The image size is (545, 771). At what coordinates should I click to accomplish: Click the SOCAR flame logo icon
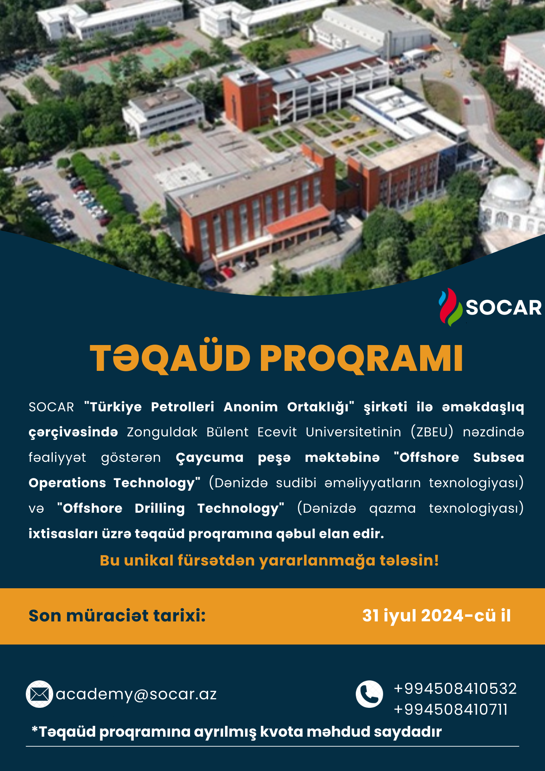(450, 307)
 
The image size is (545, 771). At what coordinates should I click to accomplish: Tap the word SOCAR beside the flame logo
(504, 308)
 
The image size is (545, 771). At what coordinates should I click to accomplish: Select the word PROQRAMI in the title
(362, 358)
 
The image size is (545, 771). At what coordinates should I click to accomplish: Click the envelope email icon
(39, 694)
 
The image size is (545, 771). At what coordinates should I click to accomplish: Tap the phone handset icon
(369, 694)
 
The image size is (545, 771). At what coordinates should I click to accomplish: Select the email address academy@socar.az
(136, 694)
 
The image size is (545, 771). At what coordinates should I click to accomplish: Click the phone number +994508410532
(455, 689)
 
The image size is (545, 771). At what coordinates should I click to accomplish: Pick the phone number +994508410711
(451, 709)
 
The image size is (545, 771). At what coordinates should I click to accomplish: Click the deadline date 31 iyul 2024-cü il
(436, 616)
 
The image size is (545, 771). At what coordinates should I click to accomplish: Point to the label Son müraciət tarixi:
(117, 616)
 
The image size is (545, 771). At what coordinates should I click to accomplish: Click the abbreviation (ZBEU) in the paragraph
(432, 432)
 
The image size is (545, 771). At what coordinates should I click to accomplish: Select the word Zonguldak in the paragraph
(162, 433)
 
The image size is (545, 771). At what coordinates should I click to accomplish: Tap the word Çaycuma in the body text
(210, 458)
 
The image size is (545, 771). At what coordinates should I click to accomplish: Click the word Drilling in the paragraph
(160, 508)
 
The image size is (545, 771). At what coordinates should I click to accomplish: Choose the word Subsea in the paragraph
(499, 457)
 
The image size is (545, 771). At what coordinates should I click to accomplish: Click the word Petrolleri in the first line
(182, 407)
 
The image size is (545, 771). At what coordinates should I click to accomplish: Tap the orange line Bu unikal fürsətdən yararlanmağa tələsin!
(269, 561)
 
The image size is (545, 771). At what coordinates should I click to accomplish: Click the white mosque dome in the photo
(510, 189)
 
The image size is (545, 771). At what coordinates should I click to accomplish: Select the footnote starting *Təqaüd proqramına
(237, 732)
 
